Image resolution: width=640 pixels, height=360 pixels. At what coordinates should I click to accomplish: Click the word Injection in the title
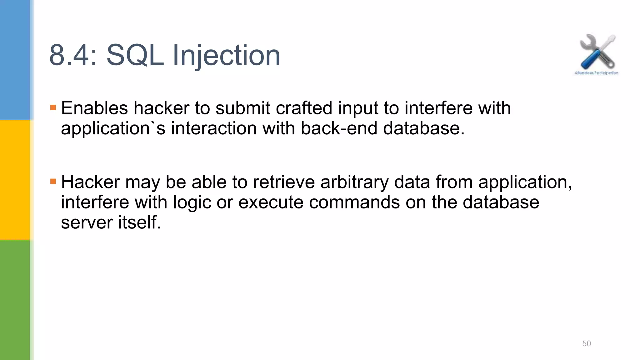tap(226, 56)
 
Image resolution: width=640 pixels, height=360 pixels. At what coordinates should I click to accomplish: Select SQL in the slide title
tap(135, 56)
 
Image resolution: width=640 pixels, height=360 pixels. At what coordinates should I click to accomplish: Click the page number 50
tap(586, 343)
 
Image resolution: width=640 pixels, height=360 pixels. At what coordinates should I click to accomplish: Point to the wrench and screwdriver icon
tap(597, 52)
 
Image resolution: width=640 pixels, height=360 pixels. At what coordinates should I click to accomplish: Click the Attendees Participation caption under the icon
tap(596, 73)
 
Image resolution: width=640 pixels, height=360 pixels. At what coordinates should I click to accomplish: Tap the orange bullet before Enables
tap(53, 108)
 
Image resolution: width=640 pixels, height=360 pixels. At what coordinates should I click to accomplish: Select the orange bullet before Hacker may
tap(53, 181)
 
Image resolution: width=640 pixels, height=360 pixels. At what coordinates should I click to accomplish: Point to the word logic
tap(192, 203)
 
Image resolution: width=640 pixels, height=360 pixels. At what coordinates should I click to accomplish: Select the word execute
tap(271, 202)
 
